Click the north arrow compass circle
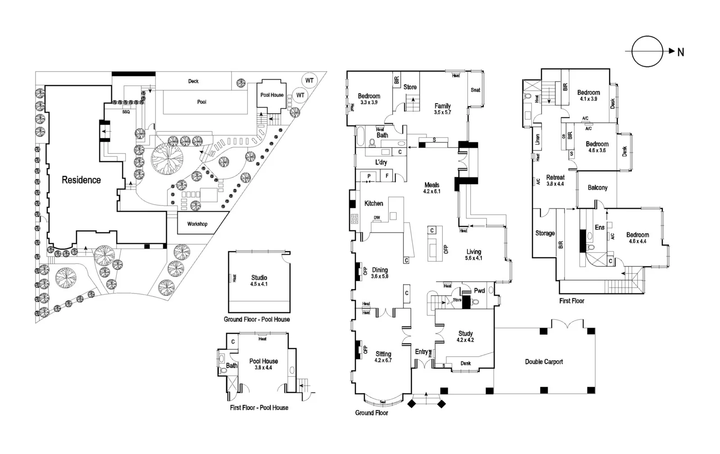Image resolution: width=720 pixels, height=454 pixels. coord(647,52)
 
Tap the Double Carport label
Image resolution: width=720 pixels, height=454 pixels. coord(544,362)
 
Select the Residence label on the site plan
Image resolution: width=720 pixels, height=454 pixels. coord(81,180)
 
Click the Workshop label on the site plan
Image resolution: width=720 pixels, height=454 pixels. coord(197,224)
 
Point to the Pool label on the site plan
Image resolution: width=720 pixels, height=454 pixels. coord(202,102)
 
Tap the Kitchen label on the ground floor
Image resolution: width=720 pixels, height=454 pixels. coord(373,204)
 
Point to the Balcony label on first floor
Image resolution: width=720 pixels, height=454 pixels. coord(597,188)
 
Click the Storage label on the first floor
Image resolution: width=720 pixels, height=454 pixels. coord(544,233)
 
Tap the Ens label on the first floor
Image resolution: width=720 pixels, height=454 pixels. coord(599,228)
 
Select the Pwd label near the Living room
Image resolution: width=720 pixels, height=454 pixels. coord(479,291)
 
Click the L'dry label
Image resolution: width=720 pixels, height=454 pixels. coord(381,162)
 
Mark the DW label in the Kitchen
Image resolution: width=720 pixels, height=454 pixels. coord(377,218)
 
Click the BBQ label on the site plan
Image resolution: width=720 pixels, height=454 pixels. coord(126,112)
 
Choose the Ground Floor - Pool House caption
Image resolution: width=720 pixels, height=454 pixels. coord(256,319)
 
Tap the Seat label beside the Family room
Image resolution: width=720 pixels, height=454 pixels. coord(475,90)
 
